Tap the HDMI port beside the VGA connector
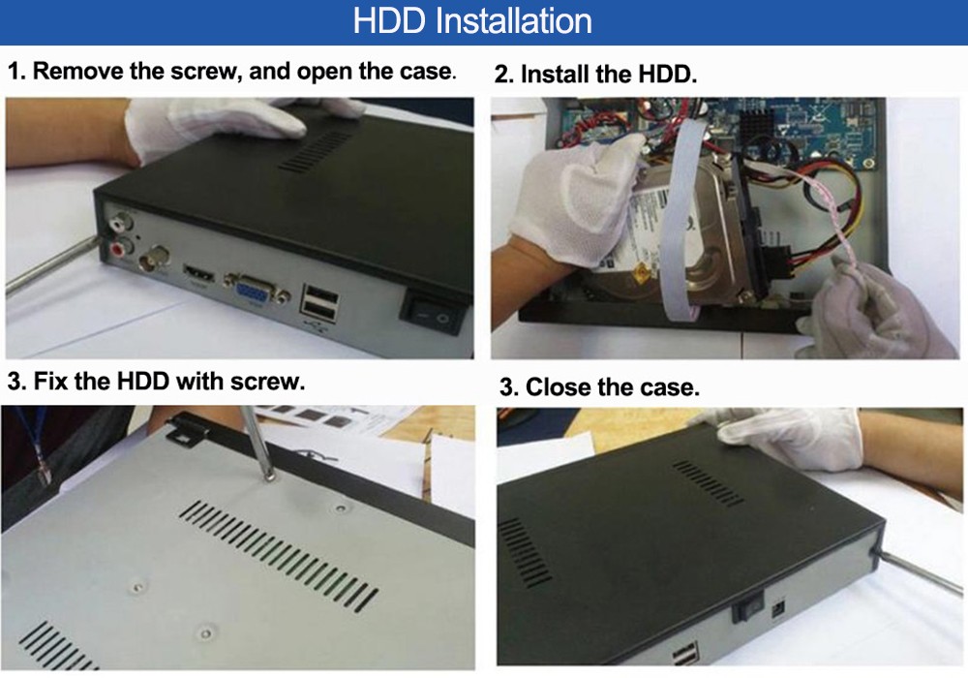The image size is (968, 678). point(198,272)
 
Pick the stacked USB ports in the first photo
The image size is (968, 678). point(320,302)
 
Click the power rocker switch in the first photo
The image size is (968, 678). point(432,313)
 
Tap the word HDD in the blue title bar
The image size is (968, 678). point(389,20)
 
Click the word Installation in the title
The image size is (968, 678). point(514,20)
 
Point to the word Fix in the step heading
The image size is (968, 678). point(50,381)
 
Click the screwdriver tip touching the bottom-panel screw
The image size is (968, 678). point(269,476)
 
